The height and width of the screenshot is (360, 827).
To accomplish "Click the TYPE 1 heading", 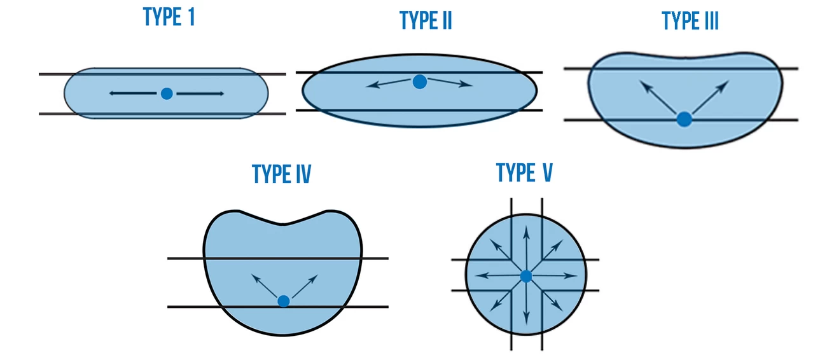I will click(169, 17).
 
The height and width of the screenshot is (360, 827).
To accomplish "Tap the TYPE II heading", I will click(426, 20).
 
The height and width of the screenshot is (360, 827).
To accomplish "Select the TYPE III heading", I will click(690, 20).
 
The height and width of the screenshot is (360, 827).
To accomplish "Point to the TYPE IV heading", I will click(281, 174).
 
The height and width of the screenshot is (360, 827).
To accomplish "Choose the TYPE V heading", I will click(524, 172).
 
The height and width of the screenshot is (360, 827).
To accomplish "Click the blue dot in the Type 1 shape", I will click(167, 93).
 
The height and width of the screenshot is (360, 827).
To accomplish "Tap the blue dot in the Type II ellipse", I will click(419, 81).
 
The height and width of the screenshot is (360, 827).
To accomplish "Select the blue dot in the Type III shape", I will click(684, 119).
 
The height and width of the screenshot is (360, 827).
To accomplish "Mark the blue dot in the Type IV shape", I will click(284, 301).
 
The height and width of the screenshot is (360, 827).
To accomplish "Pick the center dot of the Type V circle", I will click(525, 276).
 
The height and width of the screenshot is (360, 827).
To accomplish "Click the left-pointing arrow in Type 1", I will click(132, 93).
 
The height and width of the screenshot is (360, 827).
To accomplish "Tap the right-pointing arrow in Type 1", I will click(200, 94).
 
